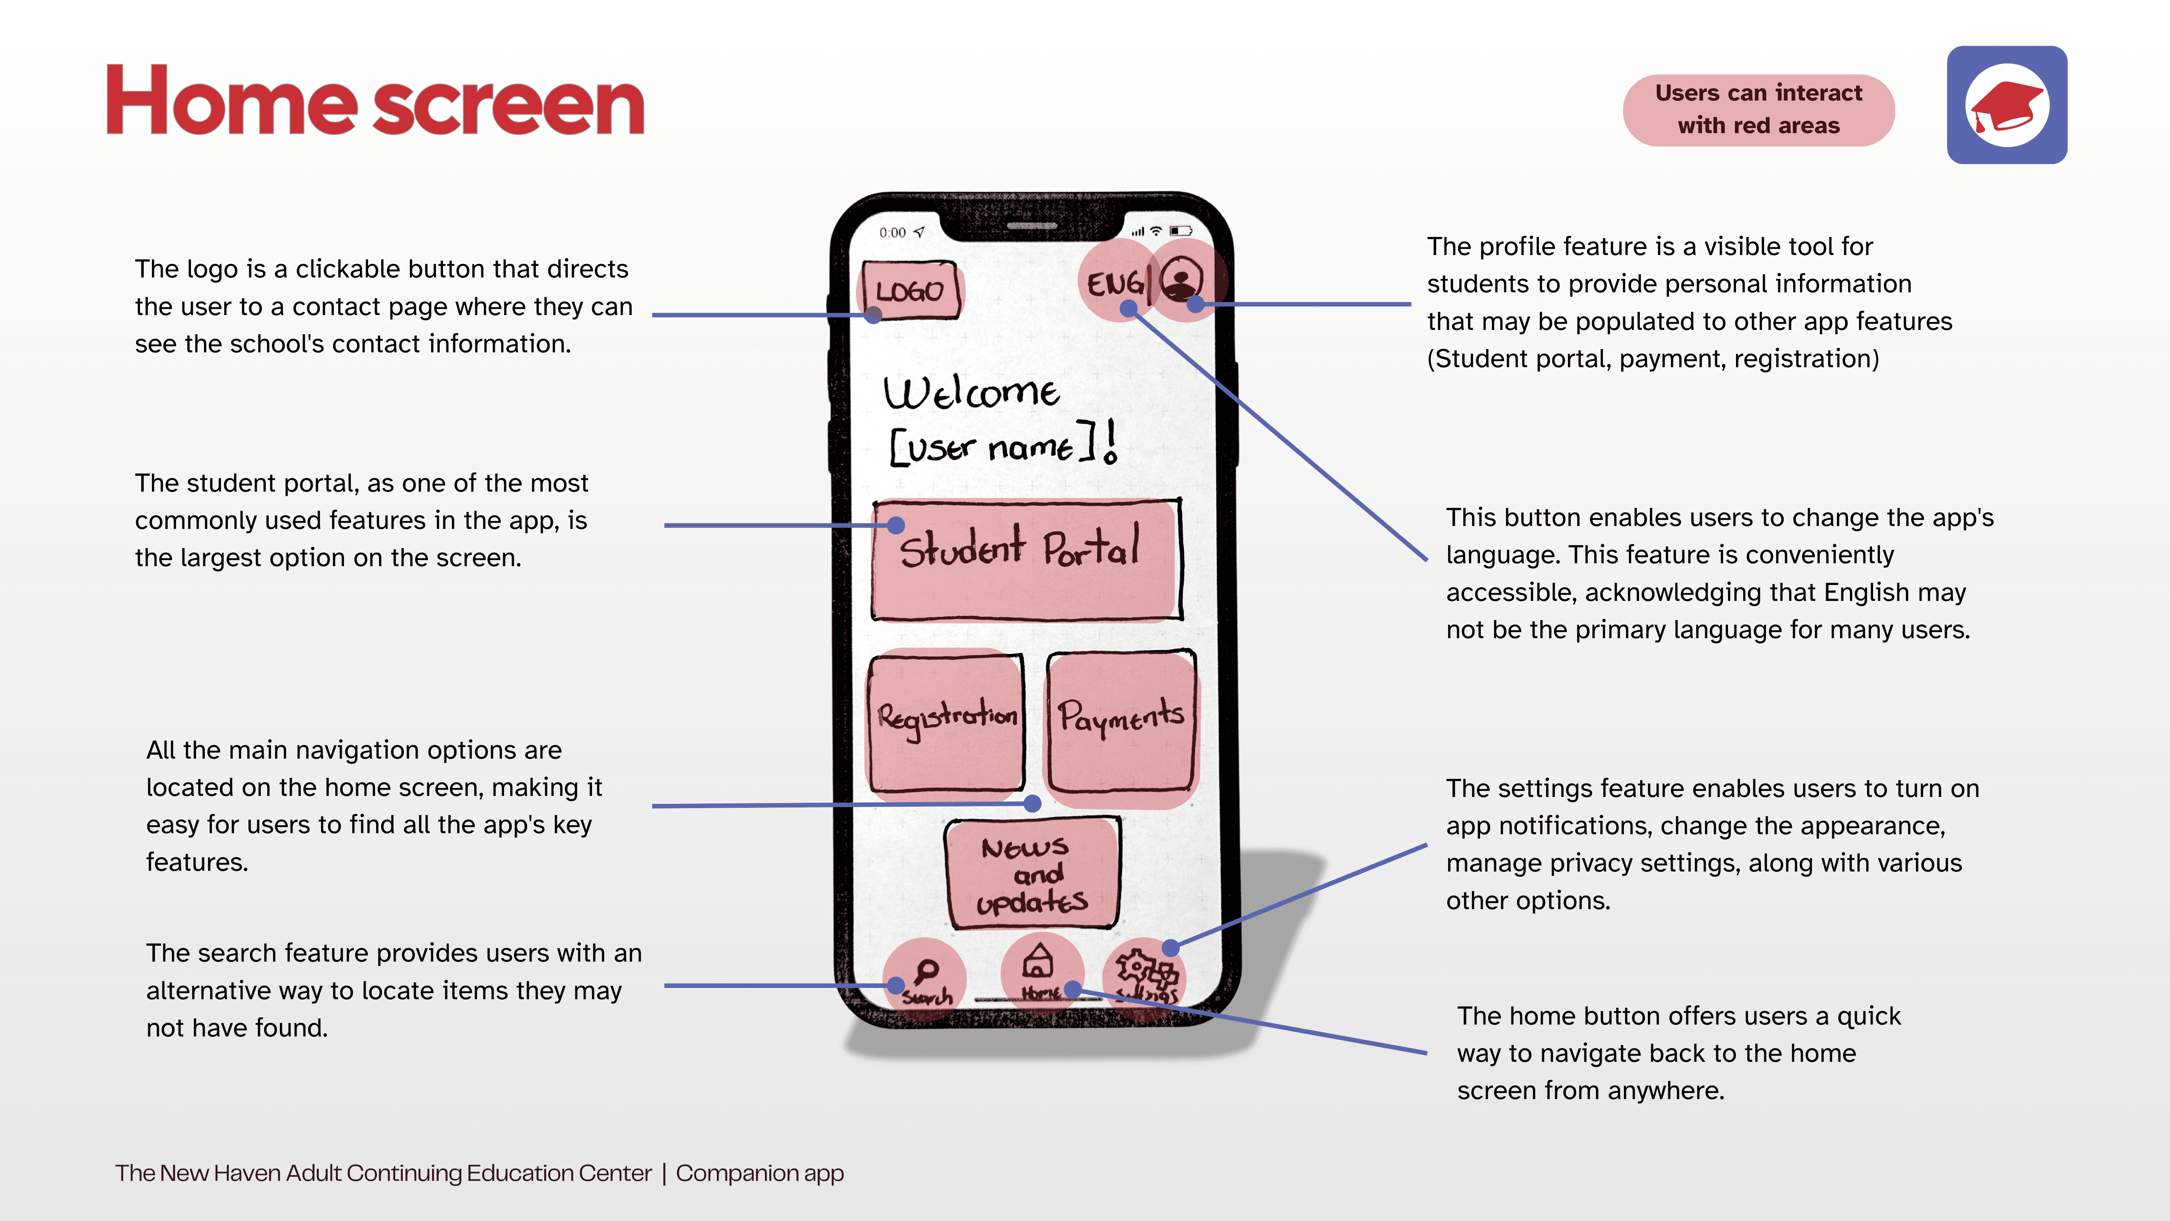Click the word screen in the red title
coord(508,107)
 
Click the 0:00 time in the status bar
coord(892,233)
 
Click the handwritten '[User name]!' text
coord(1003,445)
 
